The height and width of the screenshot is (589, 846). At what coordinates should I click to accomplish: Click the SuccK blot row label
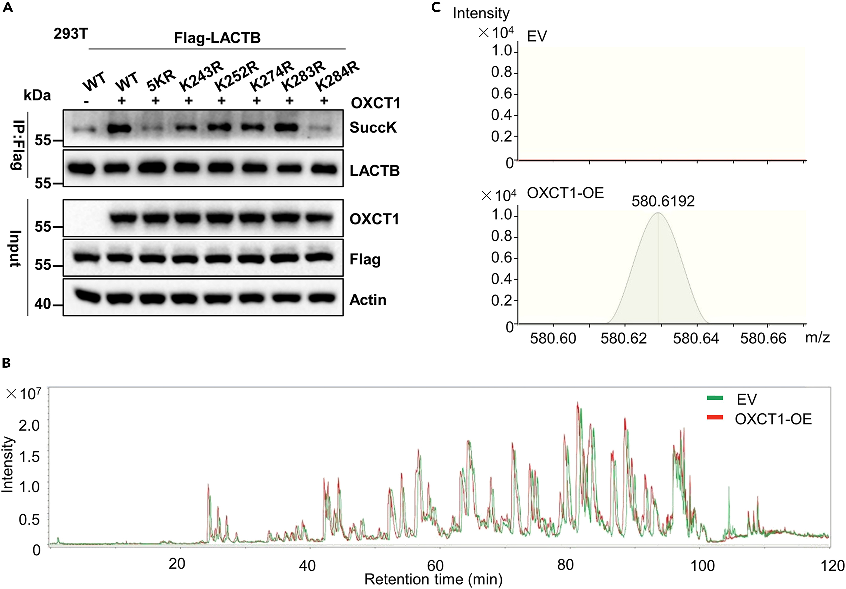(x=373, y=128)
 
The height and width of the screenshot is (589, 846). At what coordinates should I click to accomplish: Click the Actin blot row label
(x=368, y=300)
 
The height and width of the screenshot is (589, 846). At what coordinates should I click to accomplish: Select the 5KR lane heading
(x=161, y=82)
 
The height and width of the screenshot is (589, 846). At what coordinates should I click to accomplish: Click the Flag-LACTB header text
(x=217, y=38)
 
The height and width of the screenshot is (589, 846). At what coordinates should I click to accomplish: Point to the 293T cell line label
(x=71, y=34)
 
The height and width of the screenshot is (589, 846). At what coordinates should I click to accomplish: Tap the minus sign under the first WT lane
(x=86, y=102)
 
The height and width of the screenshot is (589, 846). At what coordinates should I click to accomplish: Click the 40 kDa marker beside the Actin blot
(x=43, y=304)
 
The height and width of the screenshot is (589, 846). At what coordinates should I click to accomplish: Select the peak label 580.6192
(x=663, y=201)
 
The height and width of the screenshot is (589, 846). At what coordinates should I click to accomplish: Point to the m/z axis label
(x=817, y=337)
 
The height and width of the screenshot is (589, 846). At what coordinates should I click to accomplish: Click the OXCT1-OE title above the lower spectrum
(x=565, y=193)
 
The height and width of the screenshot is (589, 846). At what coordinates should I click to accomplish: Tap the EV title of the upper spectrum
(x=537, y=36)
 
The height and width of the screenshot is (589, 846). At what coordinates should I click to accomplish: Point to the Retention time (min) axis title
(x=433, y=579)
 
